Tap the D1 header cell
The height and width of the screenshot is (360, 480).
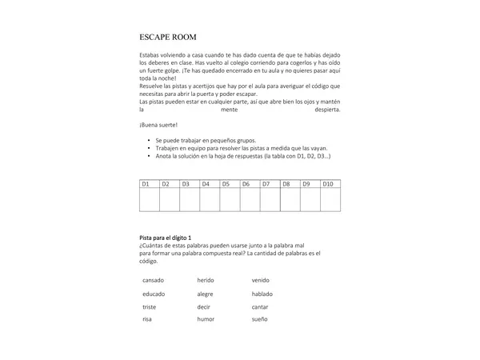click(149, 184)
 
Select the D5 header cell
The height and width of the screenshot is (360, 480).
click(230, 184)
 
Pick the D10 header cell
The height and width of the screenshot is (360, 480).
click(330, 184)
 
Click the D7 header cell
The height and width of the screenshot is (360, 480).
click(270, 184)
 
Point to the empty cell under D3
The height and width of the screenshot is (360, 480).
click(190, 200)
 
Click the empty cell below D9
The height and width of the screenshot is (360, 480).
click(310, 200)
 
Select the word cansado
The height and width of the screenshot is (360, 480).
click(154, 280)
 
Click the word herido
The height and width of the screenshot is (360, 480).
click(206, 280)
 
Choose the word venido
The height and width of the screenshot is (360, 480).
click(261, 280)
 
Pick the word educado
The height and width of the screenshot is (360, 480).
click(154, 294)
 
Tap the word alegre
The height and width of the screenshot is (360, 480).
click(205, 294)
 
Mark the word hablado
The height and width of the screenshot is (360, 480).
click(262, 294)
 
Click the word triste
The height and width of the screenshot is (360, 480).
click(150, 306)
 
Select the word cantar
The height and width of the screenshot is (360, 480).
click(260, 306)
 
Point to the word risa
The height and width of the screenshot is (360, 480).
click(147, 319)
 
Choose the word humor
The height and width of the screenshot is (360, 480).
click(206, 319)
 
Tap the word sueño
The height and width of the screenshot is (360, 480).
click(260, 319)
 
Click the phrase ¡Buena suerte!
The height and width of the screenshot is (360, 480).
click(158, 125)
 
